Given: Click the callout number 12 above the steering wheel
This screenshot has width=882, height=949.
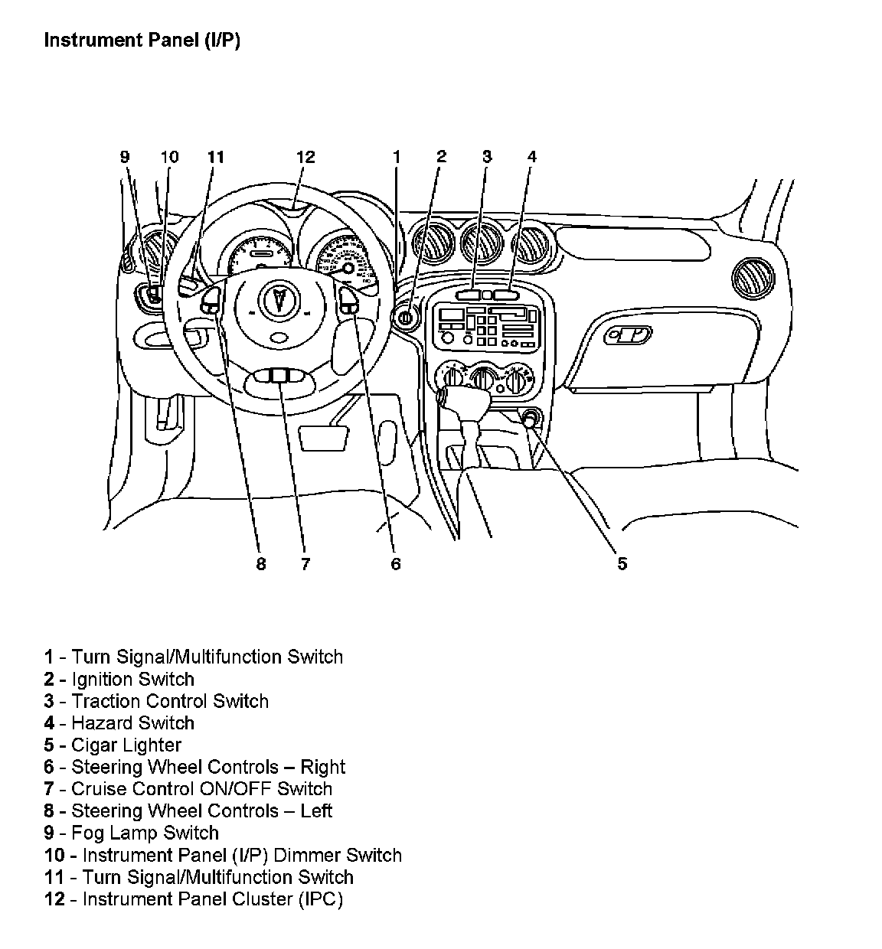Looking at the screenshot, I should (305, 157).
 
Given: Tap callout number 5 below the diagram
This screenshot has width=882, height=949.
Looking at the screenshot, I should (622, 564).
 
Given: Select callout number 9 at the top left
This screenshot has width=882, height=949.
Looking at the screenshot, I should (125, 157).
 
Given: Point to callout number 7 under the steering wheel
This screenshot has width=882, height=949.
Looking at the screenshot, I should (305, 564).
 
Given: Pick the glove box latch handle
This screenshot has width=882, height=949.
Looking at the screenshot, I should (628, 334).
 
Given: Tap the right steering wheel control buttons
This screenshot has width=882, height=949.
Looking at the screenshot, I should (349, 301).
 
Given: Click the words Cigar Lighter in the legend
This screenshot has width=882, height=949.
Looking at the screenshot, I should (126, 745).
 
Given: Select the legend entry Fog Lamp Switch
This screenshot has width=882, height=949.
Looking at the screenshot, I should (145, 833).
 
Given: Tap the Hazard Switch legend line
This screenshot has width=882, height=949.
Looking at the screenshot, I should (132, 722).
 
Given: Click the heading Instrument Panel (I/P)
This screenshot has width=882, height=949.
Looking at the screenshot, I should (142, 41).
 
